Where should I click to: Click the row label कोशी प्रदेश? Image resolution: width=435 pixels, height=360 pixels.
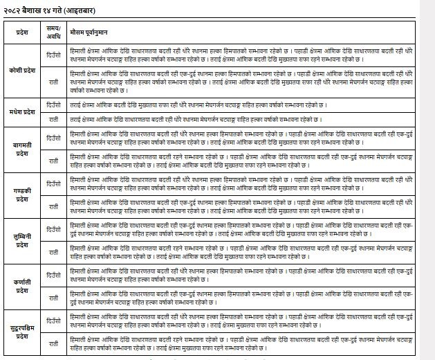[24, 71]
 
